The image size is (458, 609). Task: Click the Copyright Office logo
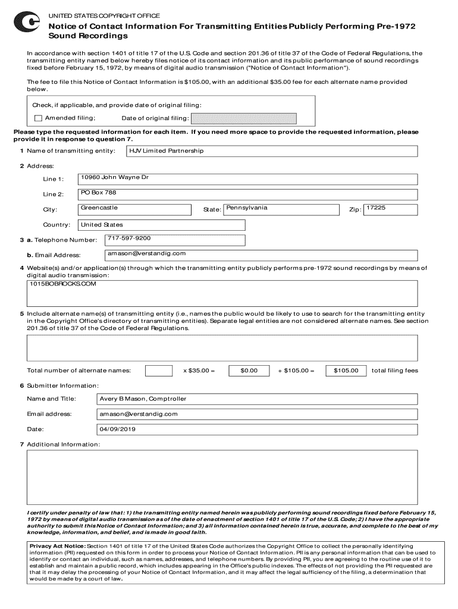pos(27,23)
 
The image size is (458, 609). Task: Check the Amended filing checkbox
pos(39,118)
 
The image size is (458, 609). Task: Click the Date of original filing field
pos(243,118)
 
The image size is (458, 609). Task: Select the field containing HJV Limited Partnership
pos(271,151)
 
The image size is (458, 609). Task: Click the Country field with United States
pos(161,225)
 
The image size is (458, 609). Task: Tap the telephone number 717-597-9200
pos(175,240)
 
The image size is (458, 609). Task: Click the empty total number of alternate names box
pos(159,371)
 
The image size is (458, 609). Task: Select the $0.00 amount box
pos(249,371)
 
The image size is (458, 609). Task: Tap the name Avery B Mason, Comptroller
pos(256,398)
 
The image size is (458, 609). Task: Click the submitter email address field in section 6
pos(256,414)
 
